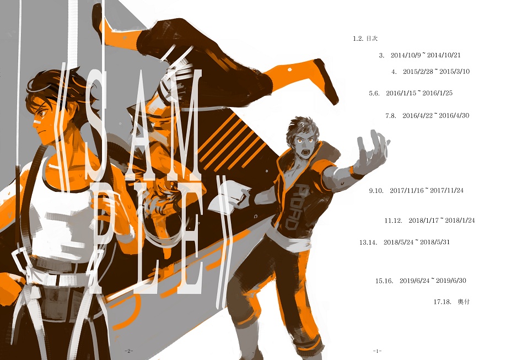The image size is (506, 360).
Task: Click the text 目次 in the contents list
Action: point(372,39)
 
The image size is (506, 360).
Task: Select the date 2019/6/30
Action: point(451,281)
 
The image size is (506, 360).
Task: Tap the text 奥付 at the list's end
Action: point(464,302)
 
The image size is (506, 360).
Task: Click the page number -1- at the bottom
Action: point(377,351)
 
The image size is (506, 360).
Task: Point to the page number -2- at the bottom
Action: point(129,351)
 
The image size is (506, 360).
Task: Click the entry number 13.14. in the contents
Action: point(368,242)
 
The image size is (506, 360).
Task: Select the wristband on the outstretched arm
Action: point(357,173)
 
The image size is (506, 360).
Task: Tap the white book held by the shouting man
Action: point(229,195)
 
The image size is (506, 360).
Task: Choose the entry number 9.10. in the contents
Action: point(376,191)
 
